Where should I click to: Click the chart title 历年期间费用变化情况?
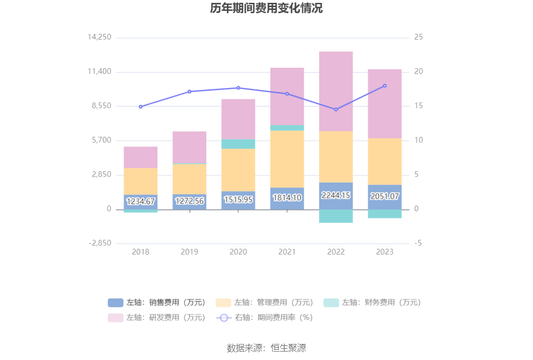[266, 8]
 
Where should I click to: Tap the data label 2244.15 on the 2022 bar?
[336, 196]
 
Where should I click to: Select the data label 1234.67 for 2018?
[141, 202]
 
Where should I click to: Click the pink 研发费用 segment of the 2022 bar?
[336, 91]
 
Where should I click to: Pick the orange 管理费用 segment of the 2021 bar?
[287, 159]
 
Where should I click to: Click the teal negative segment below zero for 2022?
[336, 216]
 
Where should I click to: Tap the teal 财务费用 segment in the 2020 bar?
[238, 144]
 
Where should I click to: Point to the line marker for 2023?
[384, 86]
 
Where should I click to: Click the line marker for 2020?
[238, 88]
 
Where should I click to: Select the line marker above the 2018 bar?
[141, 107]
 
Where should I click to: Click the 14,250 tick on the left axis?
[99, 37]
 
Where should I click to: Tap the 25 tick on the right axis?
[418, 37]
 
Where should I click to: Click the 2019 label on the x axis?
[189, 252]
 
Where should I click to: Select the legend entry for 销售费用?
[157, 303]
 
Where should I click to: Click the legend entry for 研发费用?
[157, 318]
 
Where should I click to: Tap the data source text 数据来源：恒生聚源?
[266, 348]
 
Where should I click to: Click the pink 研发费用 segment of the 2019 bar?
[189, 147]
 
